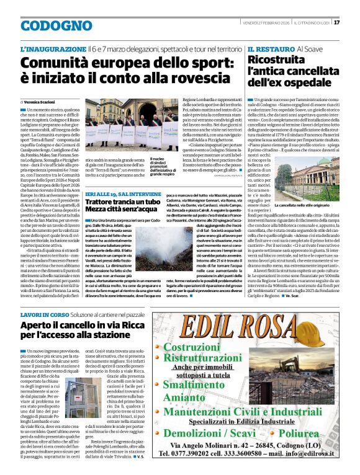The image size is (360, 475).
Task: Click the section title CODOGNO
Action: point(48,26)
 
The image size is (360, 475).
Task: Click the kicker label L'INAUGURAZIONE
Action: point(53,48)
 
